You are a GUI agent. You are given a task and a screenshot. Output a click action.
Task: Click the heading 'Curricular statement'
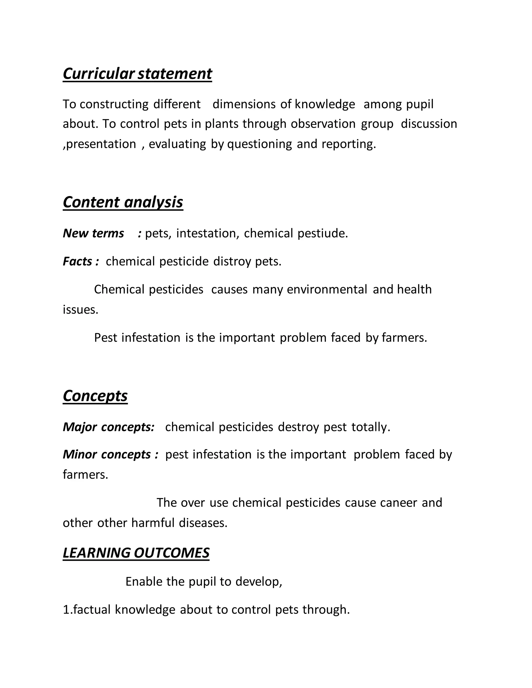coord(137,74)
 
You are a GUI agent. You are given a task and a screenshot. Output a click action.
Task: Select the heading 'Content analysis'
coord(123,202)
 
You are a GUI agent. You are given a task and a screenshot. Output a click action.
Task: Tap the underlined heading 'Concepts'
coord(95,396)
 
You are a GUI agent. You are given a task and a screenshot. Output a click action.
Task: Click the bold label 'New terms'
coord(93,233)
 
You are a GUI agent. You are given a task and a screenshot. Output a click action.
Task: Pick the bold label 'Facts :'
coord(81,261)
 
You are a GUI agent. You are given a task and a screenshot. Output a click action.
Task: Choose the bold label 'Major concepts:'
coord(108,427)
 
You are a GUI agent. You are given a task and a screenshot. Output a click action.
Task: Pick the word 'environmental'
coord(327,289)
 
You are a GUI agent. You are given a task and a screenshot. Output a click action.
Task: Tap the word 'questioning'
coord(260,144)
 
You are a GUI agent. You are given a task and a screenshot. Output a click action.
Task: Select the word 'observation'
coord(323,124)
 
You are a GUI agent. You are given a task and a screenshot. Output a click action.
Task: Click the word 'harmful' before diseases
coord(153,523)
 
